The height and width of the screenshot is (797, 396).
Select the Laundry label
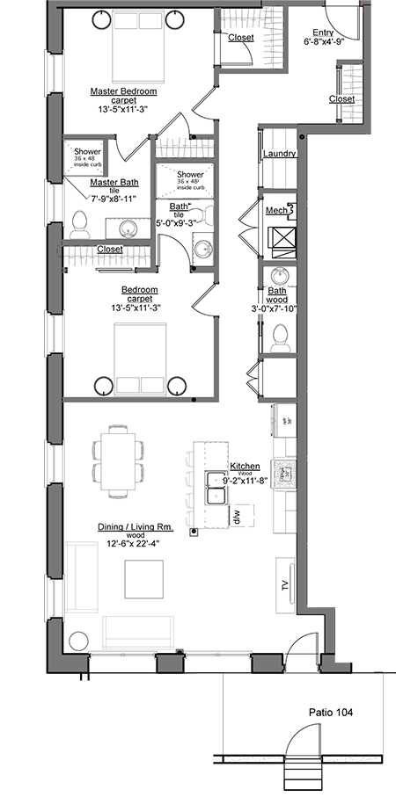279,154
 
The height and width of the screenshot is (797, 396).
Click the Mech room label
277,211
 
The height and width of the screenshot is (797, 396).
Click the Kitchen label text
243,466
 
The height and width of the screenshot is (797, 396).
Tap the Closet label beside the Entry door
342,99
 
